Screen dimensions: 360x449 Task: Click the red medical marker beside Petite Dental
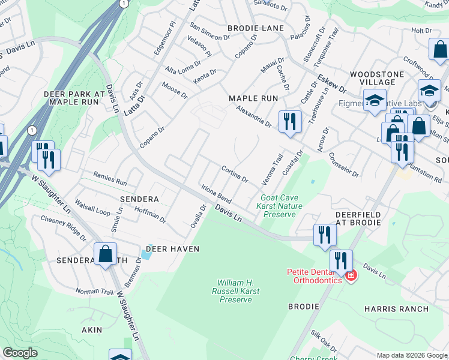coord(351,276)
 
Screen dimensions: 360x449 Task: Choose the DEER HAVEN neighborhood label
coord(172,249)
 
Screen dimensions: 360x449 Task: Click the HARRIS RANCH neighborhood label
coord(396,309)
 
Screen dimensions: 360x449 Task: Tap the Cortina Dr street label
coord(235,175)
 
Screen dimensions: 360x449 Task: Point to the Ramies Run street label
coord(110,179)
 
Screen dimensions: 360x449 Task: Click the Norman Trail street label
coord(94,292)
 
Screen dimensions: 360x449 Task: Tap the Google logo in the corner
coord(20,353)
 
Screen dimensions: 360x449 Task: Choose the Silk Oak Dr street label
coord(324,340)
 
